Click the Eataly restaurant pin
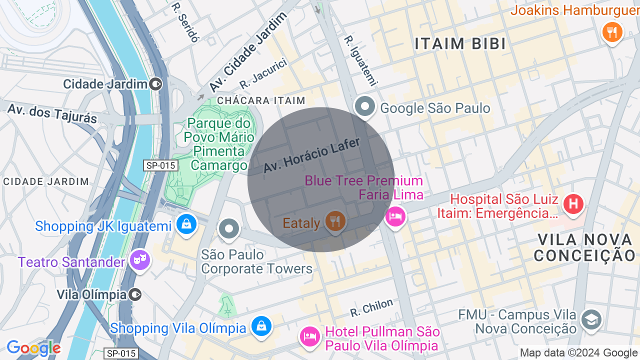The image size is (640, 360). coord(335,220)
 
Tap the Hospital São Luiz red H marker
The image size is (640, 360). coord(573,204)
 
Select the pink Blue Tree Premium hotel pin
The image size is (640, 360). coord(395,216)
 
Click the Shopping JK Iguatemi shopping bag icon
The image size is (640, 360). coord(186,224)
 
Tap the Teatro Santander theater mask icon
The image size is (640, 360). coord(140,259)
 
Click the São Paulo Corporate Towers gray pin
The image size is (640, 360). coord(229,229)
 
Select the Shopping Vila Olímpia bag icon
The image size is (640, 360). coord(261,326)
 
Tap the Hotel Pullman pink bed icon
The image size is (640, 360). coord(309,336)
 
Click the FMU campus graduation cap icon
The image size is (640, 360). coord(591,319)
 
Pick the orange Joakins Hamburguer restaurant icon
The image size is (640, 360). coord(612,32)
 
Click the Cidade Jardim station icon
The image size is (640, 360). coord(156,84)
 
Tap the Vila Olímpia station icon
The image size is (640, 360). coord(135,294)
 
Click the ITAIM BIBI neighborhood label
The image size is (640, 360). coord(460,44)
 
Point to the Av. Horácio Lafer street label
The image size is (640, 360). coord(312,155)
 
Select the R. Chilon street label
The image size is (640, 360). coord(371,308)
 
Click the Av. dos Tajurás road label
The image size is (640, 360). coord(52,113)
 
